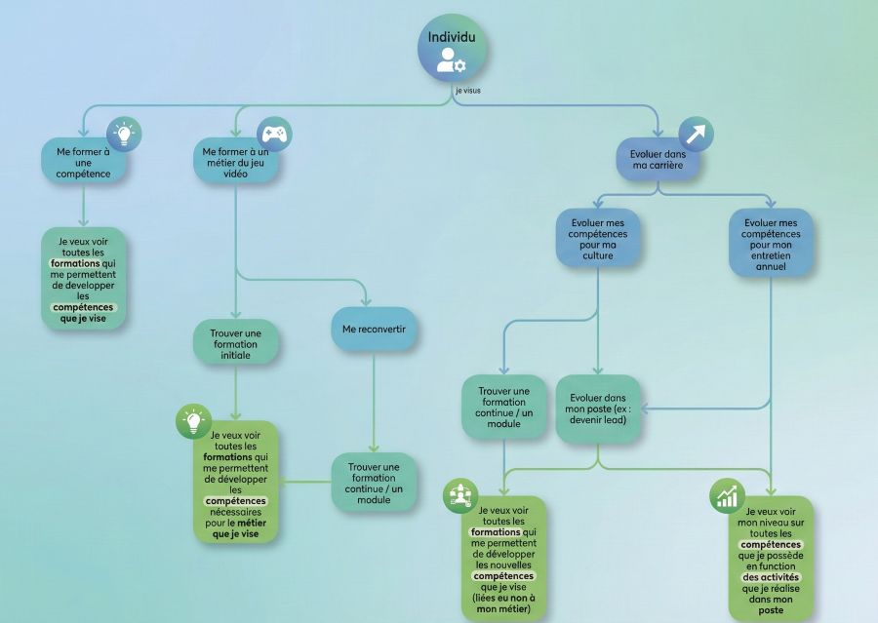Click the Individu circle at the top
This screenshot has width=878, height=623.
[x=452, y=47]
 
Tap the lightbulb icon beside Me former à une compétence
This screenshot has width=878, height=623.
[x=124, y=135]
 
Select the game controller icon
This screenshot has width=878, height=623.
[x=274, y=135]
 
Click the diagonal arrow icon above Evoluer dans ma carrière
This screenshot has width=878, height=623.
[x=696, y=135]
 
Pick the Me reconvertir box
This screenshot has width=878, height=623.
[x=374, y=330]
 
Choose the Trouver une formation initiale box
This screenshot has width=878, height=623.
[x=235, y=344]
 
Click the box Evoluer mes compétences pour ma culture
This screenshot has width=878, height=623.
[x=598, y=238]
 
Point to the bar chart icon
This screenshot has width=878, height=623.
[x=727, y=497]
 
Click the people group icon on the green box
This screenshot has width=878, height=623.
[x=459, y=496]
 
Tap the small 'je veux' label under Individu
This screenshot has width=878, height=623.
[x=467, y=91]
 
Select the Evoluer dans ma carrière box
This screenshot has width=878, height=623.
[x=658, y=159]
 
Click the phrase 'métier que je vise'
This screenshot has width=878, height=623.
[x=235, y=527]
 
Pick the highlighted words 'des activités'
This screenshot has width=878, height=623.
[x=771, y=577]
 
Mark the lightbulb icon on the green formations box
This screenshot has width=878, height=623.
[x=193, y=421]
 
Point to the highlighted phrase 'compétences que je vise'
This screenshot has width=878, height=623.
[x=83, y=312]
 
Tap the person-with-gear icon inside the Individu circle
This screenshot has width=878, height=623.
[x=451, y=60]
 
